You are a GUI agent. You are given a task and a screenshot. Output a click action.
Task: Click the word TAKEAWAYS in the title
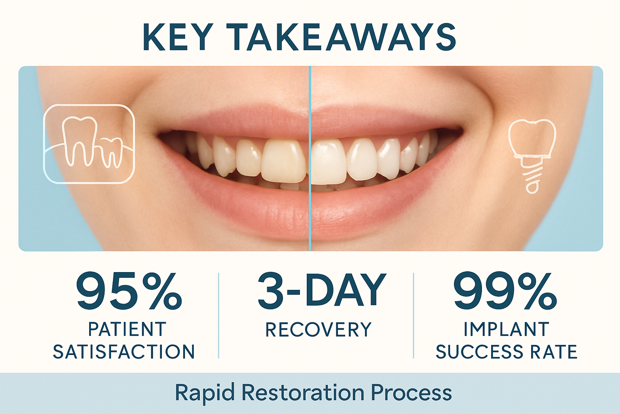click(x=341, y=37)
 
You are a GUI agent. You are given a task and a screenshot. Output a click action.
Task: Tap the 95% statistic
click(x=129, y=291)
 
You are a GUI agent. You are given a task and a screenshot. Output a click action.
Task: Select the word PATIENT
click(x=127, y=329)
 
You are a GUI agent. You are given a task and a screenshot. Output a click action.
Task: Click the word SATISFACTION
click(x=124, y=352)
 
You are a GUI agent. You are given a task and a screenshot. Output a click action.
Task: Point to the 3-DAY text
click(x=322, y=290)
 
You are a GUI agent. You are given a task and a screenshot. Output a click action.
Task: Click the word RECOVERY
click(x=318, y=330)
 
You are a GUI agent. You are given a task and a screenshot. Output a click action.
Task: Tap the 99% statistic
click(x=505, y=291)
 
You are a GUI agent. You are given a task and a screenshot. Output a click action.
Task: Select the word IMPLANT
click(x=506, y=329)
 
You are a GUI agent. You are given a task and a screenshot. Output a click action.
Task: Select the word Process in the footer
click(x=411, y=393)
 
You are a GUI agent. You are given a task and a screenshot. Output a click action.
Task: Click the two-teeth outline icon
click(x=89, y=144)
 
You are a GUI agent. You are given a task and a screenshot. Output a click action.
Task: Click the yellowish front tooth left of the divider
click(x=283, y=162)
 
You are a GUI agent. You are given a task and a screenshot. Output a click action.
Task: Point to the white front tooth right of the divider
click(x=329, y=162)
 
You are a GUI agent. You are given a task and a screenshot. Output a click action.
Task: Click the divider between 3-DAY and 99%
click(x=414, y=315)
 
